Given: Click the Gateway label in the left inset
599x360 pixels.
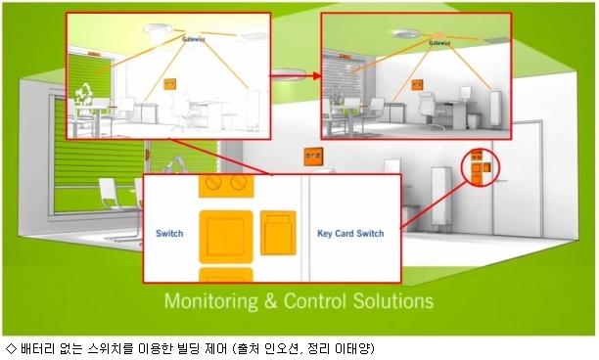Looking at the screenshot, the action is [x=193, y=39].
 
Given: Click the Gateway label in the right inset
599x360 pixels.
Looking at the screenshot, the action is [x=439, y=43].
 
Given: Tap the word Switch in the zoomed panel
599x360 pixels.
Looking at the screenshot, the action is [x=169, y=233].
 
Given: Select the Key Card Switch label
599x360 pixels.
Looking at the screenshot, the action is [x=350, y=233].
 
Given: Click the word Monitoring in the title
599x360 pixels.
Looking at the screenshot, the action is [x=211, y=301].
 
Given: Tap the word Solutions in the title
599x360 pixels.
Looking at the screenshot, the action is [x=393, y=301].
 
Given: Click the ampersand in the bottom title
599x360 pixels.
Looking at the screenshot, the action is [x=270, y=301].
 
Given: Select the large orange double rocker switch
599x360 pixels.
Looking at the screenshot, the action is [x=226, y=237].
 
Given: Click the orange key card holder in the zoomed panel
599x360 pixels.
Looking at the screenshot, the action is [x=278, y=233].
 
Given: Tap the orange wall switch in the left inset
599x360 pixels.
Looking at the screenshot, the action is [x=170, y=84].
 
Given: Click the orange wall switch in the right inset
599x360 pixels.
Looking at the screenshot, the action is [x=417, y=85].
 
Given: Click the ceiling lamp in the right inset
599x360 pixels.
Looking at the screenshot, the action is [x=407, y=33].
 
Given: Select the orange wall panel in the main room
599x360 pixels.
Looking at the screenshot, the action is [x=313, y=157].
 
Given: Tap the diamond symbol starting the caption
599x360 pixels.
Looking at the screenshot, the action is [x=12, y=348].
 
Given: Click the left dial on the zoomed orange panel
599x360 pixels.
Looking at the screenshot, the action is [x=213, y=181].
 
